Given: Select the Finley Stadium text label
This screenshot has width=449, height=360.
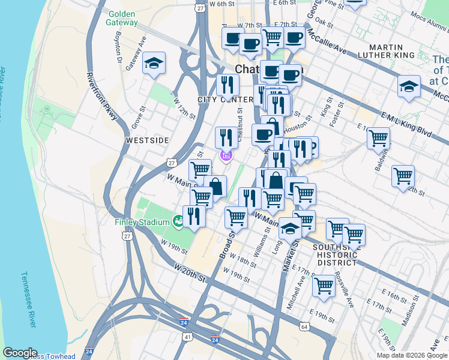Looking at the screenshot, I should coord(142,223).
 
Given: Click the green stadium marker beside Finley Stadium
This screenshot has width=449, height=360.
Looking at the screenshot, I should coord(178,221).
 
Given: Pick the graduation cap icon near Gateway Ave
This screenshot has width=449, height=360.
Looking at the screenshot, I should coord(154,64).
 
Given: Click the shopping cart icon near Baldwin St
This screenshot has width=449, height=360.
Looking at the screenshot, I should coord(379,139).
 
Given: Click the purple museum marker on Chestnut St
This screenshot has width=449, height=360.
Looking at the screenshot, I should coord(226,157).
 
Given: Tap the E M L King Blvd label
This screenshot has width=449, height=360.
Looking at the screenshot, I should coord(407,123).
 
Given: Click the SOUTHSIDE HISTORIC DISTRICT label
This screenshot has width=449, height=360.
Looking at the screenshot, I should coord(337,254).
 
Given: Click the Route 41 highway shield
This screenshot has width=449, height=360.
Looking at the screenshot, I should coord(188,338).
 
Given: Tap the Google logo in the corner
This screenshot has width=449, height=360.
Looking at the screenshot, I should coord(20,353).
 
